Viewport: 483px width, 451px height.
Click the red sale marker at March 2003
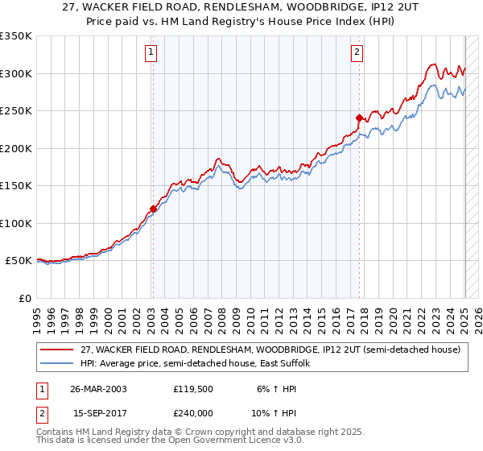point(153,209)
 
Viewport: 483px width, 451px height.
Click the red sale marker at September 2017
point(359,118)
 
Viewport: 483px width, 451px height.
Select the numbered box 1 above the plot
point(151,54)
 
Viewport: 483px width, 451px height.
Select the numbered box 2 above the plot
point(357,54)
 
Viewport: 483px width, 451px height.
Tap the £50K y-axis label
point(19,261)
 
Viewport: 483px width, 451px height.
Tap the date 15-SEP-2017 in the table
point(99,413)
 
